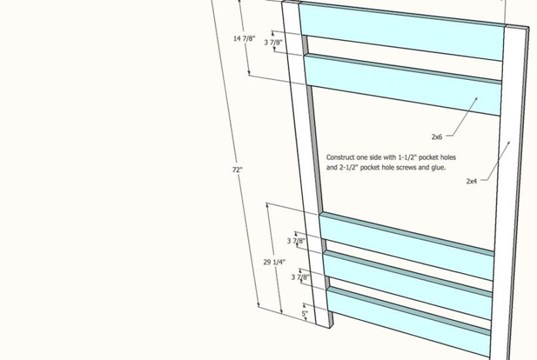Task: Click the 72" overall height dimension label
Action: (237, 170)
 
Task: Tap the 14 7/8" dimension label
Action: (244, 39)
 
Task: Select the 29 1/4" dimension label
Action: (274, 262)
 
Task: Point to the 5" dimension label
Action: (305, 314)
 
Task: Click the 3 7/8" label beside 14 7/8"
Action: (273, 43)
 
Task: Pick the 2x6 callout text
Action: (437, 137)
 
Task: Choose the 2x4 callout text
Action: (472, 181)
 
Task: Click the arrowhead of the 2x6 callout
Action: (476, 99)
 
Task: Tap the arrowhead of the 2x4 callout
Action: (508, 143)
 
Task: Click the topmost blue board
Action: (401, 31)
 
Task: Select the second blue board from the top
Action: (403, 84)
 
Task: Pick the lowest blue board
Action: (409, 322)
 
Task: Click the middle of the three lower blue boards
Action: (407, 285)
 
